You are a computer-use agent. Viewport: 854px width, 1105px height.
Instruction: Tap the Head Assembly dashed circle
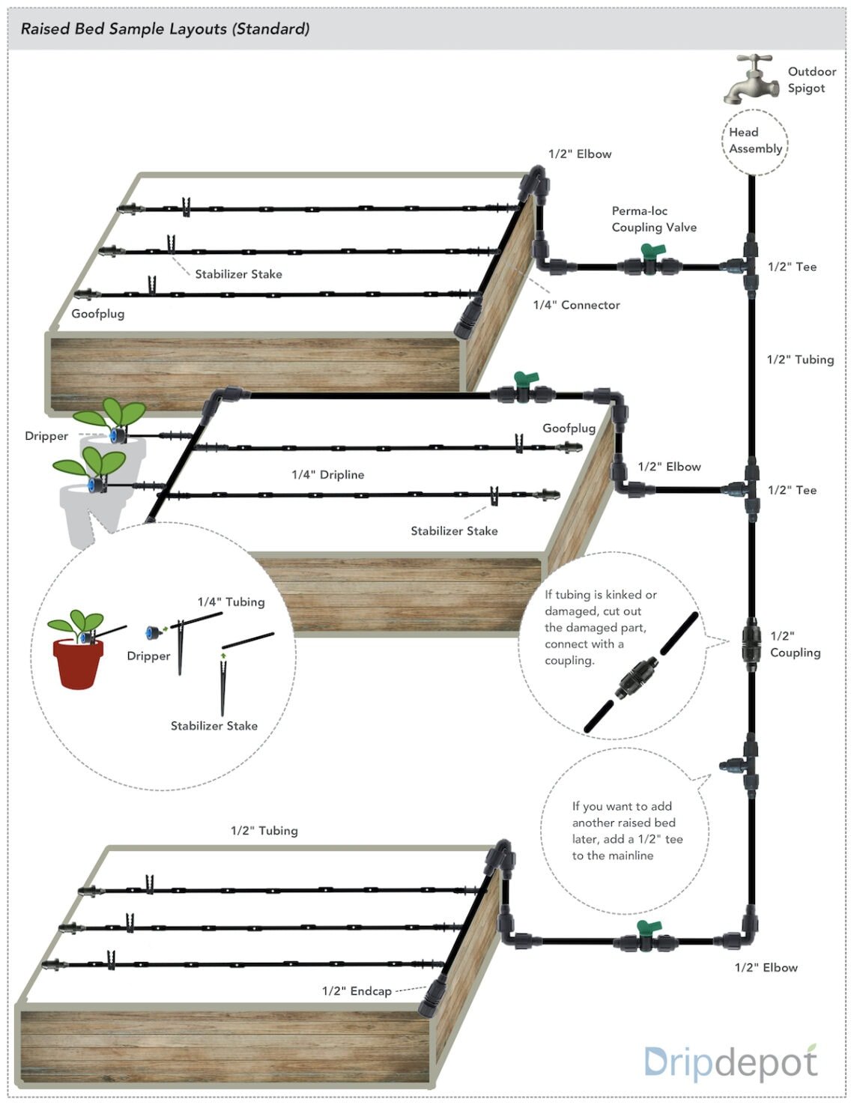coord(755,141)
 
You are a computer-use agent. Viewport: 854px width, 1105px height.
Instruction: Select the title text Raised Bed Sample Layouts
coord(165,29)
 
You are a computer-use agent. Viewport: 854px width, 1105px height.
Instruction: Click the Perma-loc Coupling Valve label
coord(653,220)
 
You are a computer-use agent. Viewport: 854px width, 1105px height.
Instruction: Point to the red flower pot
coord(78,662)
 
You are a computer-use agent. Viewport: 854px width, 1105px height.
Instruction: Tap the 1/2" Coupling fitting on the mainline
coord(751,644)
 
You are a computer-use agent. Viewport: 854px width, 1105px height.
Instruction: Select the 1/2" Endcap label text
coord(357,991)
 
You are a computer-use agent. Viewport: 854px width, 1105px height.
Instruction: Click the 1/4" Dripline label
coord(327,475)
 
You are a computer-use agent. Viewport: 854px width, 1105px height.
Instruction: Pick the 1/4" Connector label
coord(576,305)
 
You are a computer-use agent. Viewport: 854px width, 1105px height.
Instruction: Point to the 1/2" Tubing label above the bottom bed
coord(264,831)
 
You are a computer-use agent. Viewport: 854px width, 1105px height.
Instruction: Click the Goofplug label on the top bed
coord(97,314)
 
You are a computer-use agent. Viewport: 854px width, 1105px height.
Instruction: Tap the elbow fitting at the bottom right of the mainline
coord(747,931)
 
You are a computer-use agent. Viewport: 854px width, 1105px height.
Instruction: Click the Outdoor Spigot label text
coord(811,79)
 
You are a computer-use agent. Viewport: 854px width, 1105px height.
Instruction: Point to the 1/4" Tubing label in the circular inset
coord(231,602)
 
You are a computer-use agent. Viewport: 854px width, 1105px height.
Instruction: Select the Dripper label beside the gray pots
coord(46,436)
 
